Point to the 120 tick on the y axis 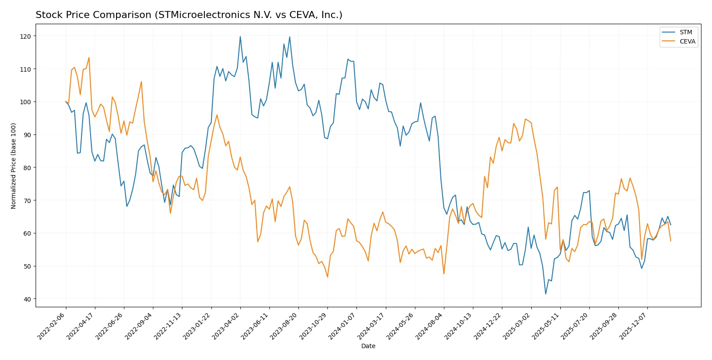[x=25, y=36]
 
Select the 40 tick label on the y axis [x=27, y=299]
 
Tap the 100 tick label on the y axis [x=25, y=102]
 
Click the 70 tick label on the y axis [x=27, y=200]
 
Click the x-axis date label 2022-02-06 [x=51, y=326]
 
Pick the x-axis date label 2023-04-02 [x=226, y=326]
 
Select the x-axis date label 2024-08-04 [x=429, y=326]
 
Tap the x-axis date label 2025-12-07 [x=633, y=326]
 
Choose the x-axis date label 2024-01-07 [x=342, y=326]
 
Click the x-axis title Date [x=368, y=346]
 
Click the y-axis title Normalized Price [x=14, y=166]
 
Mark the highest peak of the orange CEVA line [x=89, y=58]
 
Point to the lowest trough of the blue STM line [x=546, y=294]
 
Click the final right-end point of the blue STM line [x=671, y=225]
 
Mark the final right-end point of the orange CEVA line [x=671, y=241]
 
